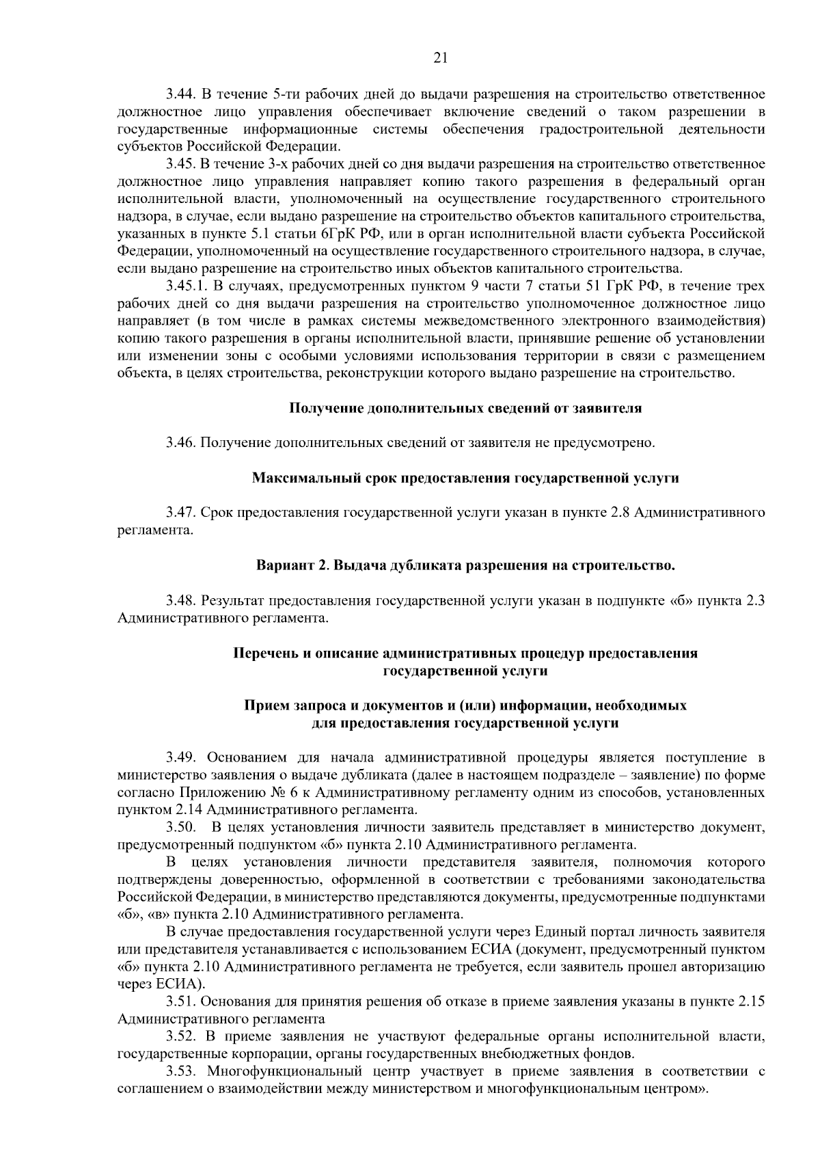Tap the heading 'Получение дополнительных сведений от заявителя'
click(x=465, y=408)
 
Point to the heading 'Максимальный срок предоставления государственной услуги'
click(x=465, y=478)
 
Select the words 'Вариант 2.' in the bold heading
click(x=288, y=566)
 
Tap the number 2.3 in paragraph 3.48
click(x=755, y=601)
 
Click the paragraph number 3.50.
click(x=180, y=828)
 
